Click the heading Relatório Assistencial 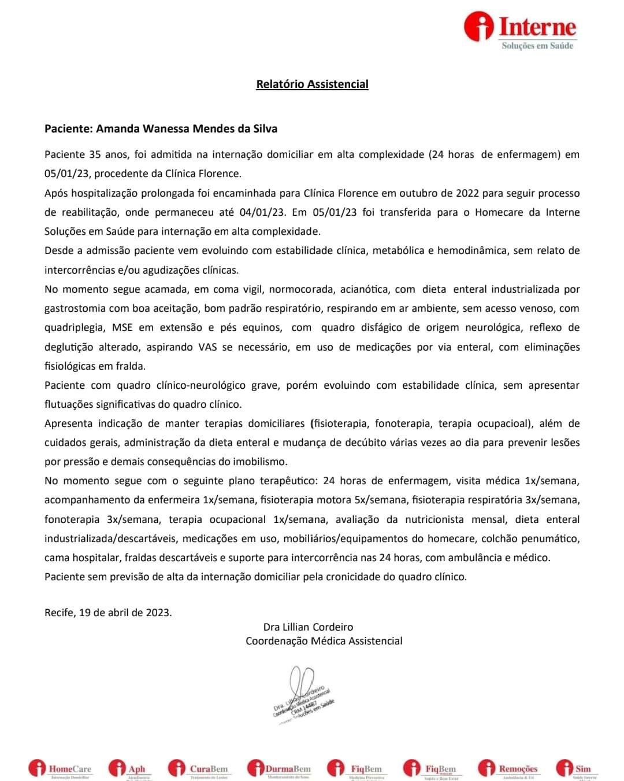[x=312, y=84]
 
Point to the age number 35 [x=95, y=154]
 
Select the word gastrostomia [x=76, y=308]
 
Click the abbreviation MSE [x=122, y=327]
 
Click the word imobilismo [x=262, y=462]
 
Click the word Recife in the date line [x=59, y=612]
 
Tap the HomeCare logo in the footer [x=60, y=769]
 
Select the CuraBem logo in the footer [x=199, y=769]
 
